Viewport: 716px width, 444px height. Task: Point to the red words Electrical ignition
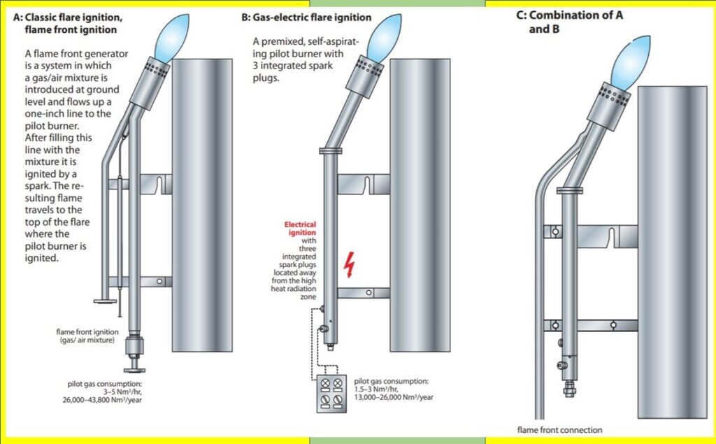pos(300,229)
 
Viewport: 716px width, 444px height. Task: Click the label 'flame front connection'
pos(559,429)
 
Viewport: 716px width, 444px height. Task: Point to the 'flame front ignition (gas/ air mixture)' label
pos(87,336)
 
